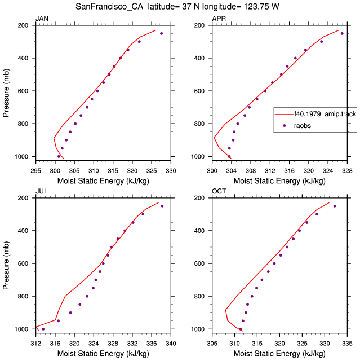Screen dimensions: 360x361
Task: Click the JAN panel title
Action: click(x=42, y=19)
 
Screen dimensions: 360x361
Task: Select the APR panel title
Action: click(x=219, y=19)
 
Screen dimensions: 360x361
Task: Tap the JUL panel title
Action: click(x=42, y=191)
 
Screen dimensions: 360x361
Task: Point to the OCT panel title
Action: click(x=219, y=191)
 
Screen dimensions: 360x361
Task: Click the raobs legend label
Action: click(x=303, y=126)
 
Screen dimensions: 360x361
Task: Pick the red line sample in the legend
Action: click(x=285, y=114)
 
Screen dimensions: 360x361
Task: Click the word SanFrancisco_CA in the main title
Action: click(x=109, y=7)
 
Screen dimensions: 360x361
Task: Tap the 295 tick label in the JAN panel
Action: click(x=36, y=171)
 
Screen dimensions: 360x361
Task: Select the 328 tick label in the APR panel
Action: click(x=347, y=171)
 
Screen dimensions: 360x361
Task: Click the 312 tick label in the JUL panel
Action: click(x=36, y=344)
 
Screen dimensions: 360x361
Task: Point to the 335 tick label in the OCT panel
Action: click(x=347, y=344)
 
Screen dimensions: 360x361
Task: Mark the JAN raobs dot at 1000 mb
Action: click(x=59, y=157)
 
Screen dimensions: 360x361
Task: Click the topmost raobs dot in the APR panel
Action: click(x=342, y=34)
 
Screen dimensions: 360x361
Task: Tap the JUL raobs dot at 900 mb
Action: click(x=70, y=312)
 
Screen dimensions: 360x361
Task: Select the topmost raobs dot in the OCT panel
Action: click(x=335, y=206)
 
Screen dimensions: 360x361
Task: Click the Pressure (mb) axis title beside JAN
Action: click(x=6, y=93)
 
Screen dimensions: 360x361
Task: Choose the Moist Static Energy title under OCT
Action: click(x=279, y=354)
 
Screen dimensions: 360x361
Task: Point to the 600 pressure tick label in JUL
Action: click(x=23, y=263)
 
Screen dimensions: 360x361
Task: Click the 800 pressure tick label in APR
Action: click(x=199, y=124)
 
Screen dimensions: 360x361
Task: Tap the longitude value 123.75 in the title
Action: click(x=256, y=7)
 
